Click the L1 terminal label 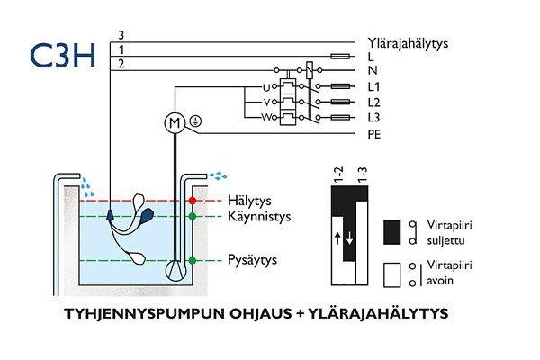coord(374,87)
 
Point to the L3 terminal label coord(374,118)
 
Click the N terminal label coord(373,71)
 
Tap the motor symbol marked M coord(174,121)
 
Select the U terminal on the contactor coord(265,86)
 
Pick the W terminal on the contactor coord(265,117)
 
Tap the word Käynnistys coord(256,217)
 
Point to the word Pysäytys coord(251,260)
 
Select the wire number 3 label coord(121,35)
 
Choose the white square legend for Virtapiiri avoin coord(392,273)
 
